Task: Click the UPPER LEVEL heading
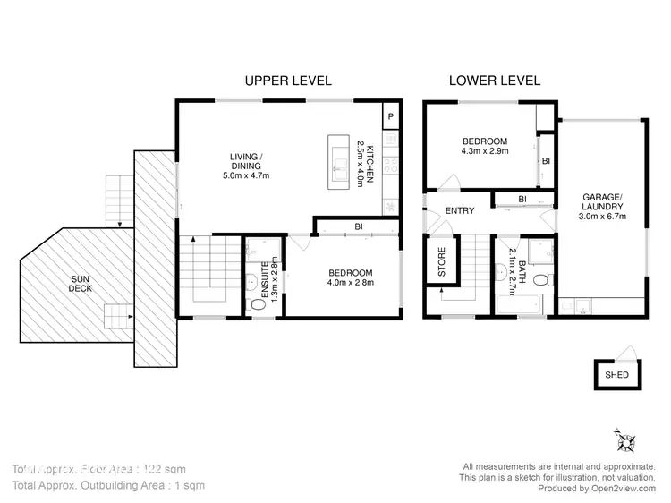(x=288, y=81)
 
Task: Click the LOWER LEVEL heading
(x=494, y=81)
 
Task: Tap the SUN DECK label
(x=81, y=284)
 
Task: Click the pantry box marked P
(x=392, y=115)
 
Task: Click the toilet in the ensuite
(x=257, y=304)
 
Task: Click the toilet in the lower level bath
(x=539, y=281)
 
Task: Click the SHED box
(x=617, y=375)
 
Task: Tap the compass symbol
(x=624, y=440)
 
